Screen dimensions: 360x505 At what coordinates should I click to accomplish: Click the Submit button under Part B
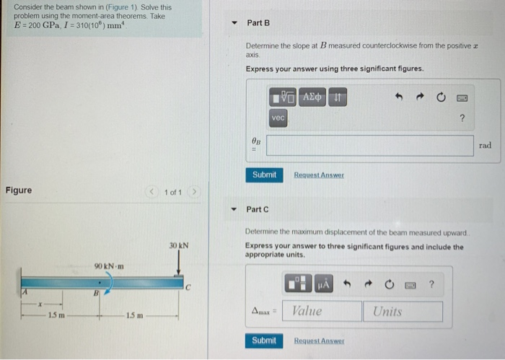pos(264,175)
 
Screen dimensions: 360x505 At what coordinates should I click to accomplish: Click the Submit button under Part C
pos(264,340)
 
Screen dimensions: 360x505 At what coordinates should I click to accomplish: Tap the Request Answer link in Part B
pos(319,175)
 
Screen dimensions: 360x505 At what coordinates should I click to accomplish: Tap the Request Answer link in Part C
pos(319,341)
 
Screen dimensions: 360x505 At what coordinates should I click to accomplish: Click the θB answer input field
pos(370,145)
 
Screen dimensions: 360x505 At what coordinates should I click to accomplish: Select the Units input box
pos(407,312)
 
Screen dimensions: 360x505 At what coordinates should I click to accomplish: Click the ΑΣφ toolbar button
pos(312,97)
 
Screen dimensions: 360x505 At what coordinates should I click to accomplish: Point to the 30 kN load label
pos(179,245)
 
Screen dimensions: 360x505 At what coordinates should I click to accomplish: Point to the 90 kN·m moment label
pos(108,266)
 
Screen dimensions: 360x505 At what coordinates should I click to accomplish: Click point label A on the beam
pos(24,291)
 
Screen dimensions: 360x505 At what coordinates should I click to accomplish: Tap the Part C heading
pos(258,209)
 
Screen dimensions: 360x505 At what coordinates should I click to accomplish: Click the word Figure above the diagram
pos(19,190)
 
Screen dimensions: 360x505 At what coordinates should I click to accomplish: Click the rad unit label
pos(485,145)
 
